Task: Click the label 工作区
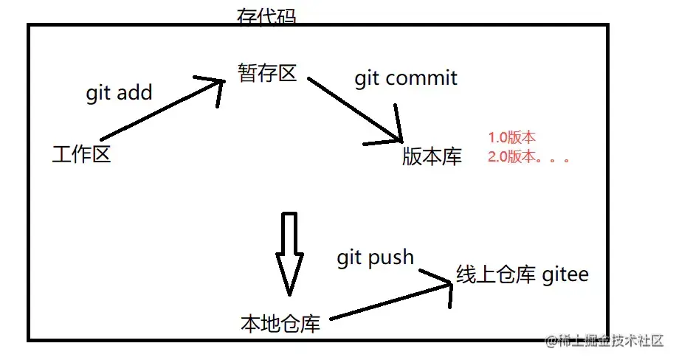point(81,155)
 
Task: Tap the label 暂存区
point(266,72)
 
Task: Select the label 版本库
point(432,156)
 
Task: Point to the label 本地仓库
point(280,323)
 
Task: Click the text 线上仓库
point(495,274)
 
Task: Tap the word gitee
point(565,274)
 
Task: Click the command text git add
point(119,93)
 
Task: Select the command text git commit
point(406,77)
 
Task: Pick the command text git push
point(375,257)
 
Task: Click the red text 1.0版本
point(511,137)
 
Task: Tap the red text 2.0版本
point(511,156)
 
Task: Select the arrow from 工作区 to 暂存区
point(159,108)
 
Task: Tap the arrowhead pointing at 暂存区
point(214,83)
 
